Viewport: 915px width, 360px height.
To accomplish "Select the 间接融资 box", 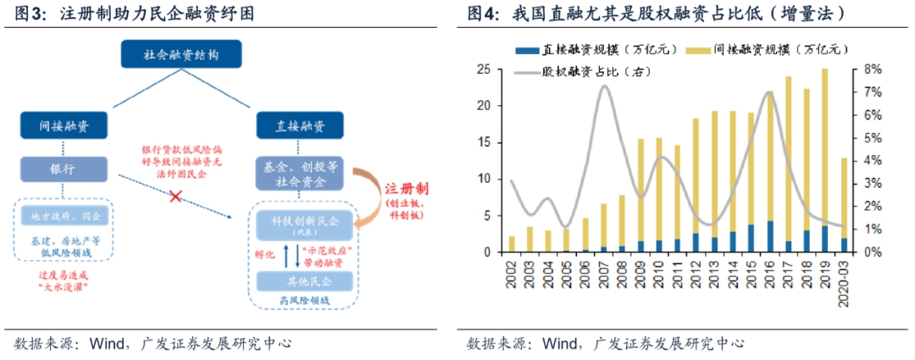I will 64,126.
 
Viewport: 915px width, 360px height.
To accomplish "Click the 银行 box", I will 64,169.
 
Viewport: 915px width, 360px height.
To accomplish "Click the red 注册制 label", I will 406,189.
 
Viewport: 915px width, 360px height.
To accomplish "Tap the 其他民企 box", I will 302,280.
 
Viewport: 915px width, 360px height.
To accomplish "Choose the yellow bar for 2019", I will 823,148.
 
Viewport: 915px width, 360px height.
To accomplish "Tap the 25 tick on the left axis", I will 483,69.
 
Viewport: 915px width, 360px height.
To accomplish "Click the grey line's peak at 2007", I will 604,86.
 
